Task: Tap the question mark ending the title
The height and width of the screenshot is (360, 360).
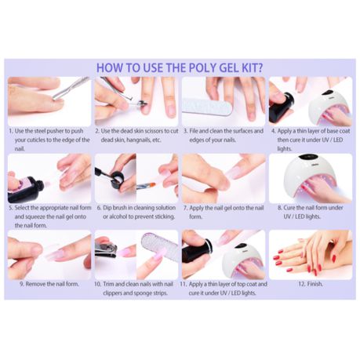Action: [x=260, y=67]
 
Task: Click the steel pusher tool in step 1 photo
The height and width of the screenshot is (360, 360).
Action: [x=71, y=88]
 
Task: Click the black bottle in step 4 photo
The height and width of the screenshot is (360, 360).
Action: [x=282, y=107]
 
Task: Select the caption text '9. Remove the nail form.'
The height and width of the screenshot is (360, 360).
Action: [x=49, y=284]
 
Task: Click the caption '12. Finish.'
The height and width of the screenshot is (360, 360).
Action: [x=311, y=284]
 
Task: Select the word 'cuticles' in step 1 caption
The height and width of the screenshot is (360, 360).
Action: [x=36, y=140]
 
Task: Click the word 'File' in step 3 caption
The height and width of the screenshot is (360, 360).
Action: [x=194, y=131]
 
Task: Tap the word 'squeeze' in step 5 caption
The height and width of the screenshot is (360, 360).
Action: [x=36, y=216]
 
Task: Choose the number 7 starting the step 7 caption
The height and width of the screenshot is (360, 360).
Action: [x=185, y=208]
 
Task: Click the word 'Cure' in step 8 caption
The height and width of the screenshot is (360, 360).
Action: [x=289, y=208]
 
